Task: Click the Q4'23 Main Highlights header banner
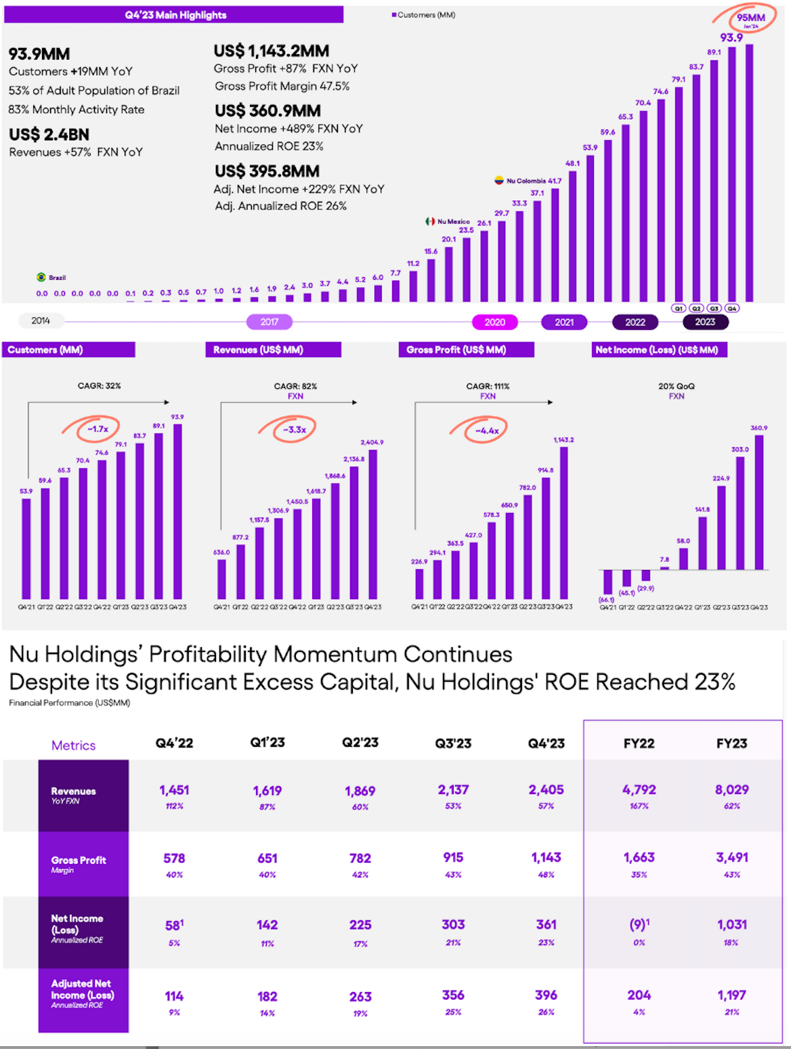[174, 15]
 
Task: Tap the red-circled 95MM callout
[750, 19]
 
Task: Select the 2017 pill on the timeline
[269, 322]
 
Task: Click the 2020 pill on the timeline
[494, 323]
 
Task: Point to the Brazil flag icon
[41, 277]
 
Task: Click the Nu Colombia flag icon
[499, 181]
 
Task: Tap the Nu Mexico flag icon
[430, 222]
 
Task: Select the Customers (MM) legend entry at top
[424, 15]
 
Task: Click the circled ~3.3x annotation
[294, 430]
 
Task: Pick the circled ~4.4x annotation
[486, 430]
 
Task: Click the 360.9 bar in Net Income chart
[759, 501]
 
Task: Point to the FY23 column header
[731, 743]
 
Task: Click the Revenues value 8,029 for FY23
[731, 790]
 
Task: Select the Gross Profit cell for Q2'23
[360, 859]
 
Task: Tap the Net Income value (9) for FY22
[638, 925]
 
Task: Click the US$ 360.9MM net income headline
[268, 111]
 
